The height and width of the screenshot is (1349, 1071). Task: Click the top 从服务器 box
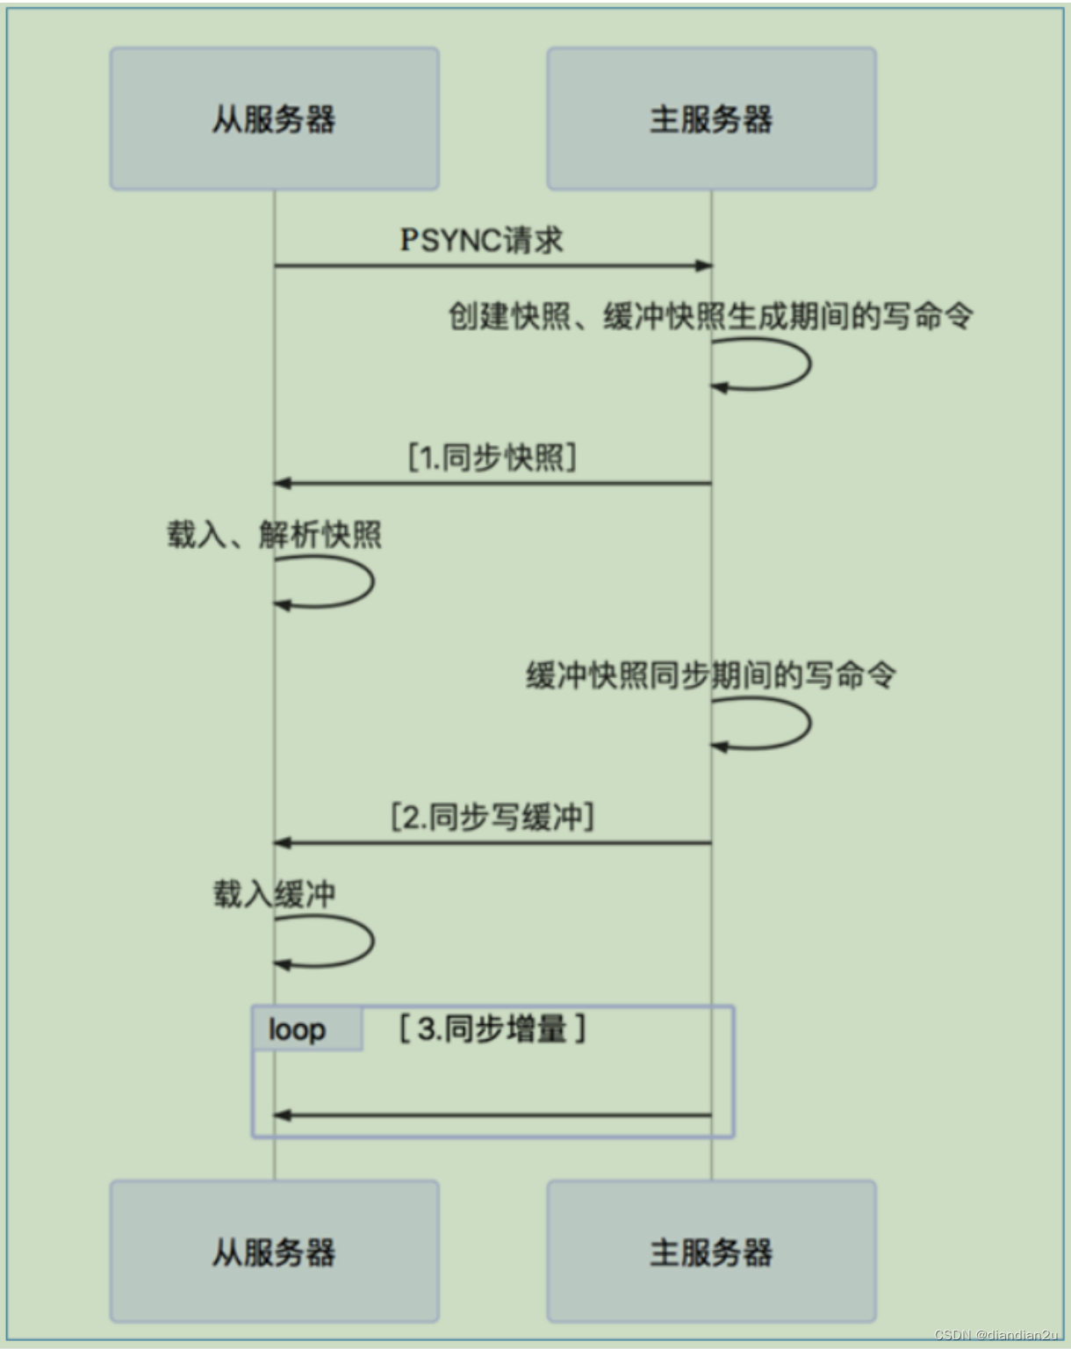tap(274, 119)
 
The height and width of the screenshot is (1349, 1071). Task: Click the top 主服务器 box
tap(711, 119)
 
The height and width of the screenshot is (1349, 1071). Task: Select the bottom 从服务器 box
tap(274, 1251)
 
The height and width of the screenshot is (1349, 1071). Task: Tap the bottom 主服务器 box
tap(711, 1251)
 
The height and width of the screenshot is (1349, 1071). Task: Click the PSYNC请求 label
tap(481, 240)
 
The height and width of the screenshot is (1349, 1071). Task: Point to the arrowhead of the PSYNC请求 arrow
tap(704, 265)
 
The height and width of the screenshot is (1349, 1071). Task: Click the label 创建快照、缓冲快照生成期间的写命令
tap(710, 315)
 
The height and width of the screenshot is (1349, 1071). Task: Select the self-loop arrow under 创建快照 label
tap(806, 364)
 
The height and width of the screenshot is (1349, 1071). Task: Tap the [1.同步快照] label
tap(492, 458)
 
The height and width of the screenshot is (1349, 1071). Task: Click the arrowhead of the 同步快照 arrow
tap(282, 483)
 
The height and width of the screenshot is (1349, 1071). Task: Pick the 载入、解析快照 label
tap(274, 534)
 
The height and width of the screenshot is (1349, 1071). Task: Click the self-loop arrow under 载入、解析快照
tap(370, 581)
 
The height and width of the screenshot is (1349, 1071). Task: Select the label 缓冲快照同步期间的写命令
tap(710, 675)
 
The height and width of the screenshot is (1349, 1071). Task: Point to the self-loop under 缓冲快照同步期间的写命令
tap(806, 723)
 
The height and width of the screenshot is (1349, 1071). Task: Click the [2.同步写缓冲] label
tap(492, 817)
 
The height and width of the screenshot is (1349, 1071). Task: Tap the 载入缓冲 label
tap(274, 893)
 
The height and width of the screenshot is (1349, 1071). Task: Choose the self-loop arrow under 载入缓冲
tap(370, 941)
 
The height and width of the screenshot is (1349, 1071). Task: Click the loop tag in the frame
tap(297, 1028)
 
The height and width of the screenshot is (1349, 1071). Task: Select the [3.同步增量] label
tap(492, 1028)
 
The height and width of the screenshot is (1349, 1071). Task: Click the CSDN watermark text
tap(996, 1335)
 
